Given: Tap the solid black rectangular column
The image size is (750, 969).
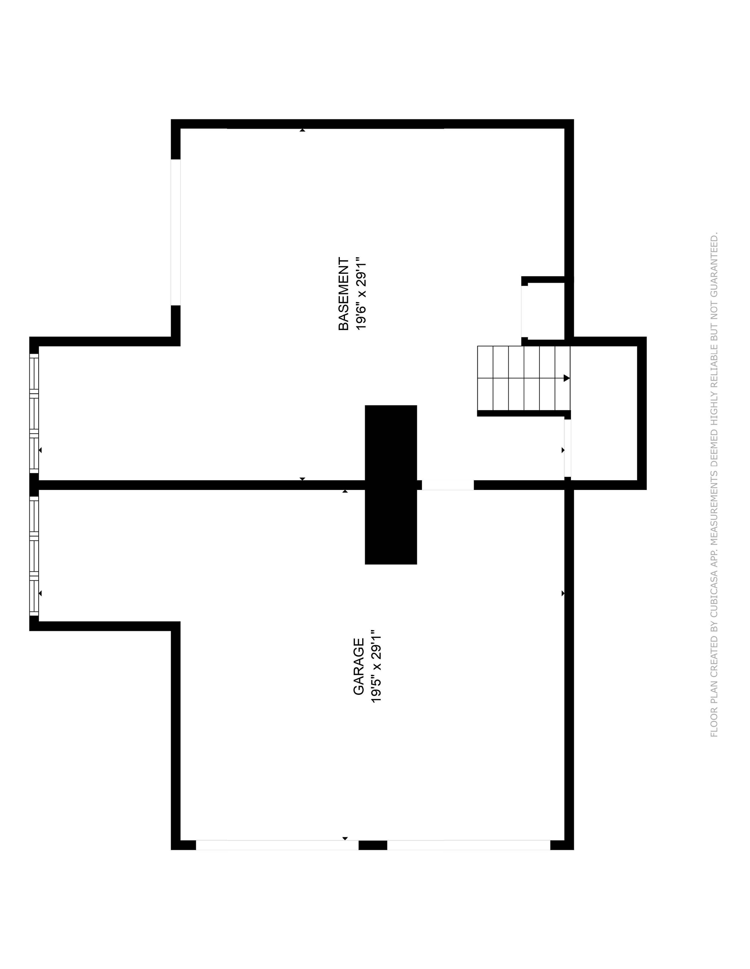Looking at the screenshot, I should tap(390, 484).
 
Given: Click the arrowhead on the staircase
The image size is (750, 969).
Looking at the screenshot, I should tap(566, 378).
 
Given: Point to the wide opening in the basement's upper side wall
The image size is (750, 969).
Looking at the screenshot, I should tap(176, 232).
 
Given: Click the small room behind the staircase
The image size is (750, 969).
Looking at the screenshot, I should tap(604, 413).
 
